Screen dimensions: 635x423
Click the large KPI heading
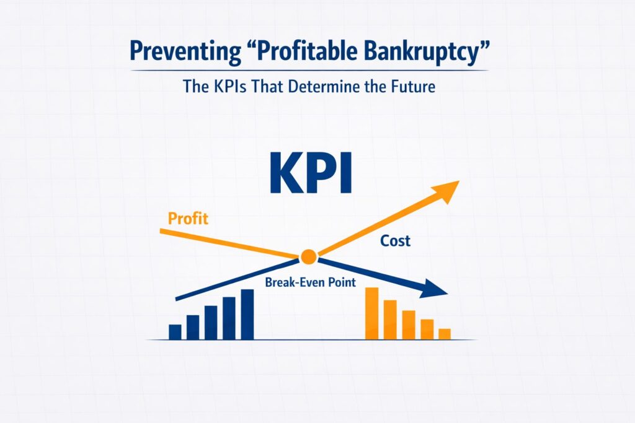311,173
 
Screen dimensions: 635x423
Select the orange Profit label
188,219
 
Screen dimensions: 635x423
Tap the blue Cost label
395,241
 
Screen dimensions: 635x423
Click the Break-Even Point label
310,282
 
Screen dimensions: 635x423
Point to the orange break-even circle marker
308,257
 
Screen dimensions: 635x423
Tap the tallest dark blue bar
247,315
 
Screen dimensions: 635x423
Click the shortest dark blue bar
175,332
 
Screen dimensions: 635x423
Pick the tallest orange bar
372,313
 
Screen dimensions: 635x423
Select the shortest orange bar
445,334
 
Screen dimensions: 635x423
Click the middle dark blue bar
211,323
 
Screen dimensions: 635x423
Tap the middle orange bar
409,325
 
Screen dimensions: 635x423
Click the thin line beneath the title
309,71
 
